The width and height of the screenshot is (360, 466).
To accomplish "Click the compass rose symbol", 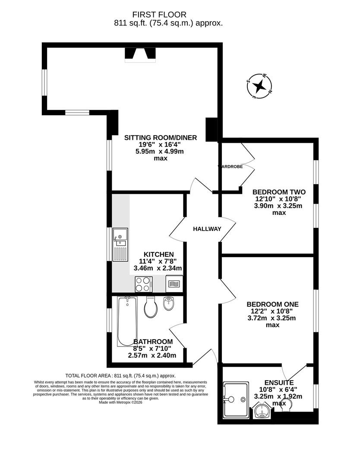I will point(259,87).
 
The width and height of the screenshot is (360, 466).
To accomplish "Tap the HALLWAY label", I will point(207,229).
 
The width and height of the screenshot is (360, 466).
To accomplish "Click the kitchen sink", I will point(120,245).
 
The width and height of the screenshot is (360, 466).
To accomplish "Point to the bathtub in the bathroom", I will point(126,321).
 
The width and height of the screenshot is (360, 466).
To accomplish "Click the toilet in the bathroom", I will point(150,307).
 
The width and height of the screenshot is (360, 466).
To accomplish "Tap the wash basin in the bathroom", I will point(169,304).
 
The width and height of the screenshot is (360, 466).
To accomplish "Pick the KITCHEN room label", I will point(159,255).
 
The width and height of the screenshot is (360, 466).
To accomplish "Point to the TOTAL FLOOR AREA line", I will point(120,376).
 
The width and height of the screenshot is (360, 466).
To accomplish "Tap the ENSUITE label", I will point(279,383).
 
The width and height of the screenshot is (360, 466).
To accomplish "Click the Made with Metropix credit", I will point(120,402).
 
